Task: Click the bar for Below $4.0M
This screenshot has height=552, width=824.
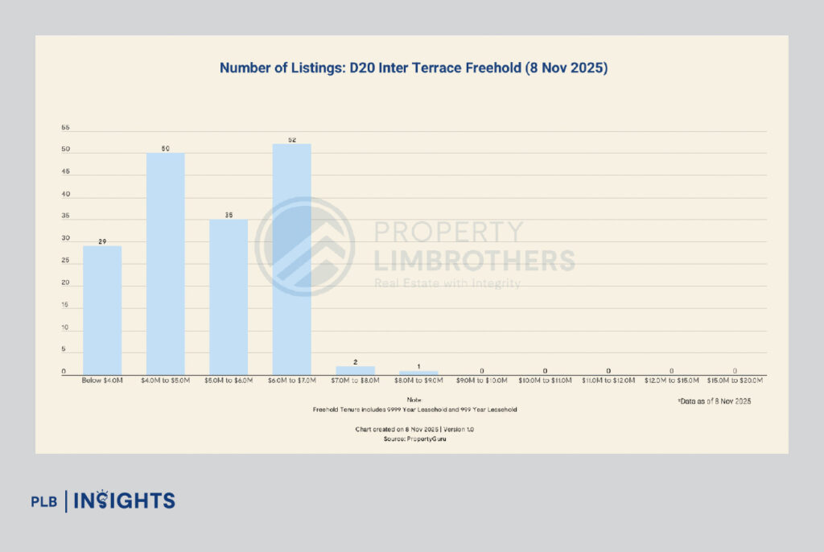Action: coord(102,310)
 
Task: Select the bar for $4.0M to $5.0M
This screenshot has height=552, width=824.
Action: coord(165,264)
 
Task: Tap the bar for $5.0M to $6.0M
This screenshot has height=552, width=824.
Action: coord(229,297)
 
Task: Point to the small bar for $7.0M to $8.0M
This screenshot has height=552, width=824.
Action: coord(355,370)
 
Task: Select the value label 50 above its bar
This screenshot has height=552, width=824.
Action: coord(165,147)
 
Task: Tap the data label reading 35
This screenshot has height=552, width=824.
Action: coord(229,214)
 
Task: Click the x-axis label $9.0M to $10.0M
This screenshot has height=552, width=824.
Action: coord(481,381)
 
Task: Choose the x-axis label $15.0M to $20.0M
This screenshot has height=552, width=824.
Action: coord(735,381)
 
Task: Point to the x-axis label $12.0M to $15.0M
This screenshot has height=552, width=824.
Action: coord(671,381)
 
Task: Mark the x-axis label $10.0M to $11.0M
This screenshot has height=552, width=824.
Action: coord(545,381)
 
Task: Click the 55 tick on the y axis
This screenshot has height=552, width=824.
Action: coord(65,128)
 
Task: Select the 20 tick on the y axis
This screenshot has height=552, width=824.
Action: coord(65,284)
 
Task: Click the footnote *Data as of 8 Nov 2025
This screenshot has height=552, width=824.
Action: coord(714,401)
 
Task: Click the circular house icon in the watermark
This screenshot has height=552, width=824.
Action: coord(305,246)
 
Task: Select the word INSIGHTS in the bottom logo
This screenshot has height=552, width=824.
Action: coord(125,501)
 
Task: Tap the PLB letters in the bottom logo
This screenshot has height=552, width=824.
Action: coord(44,501)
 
